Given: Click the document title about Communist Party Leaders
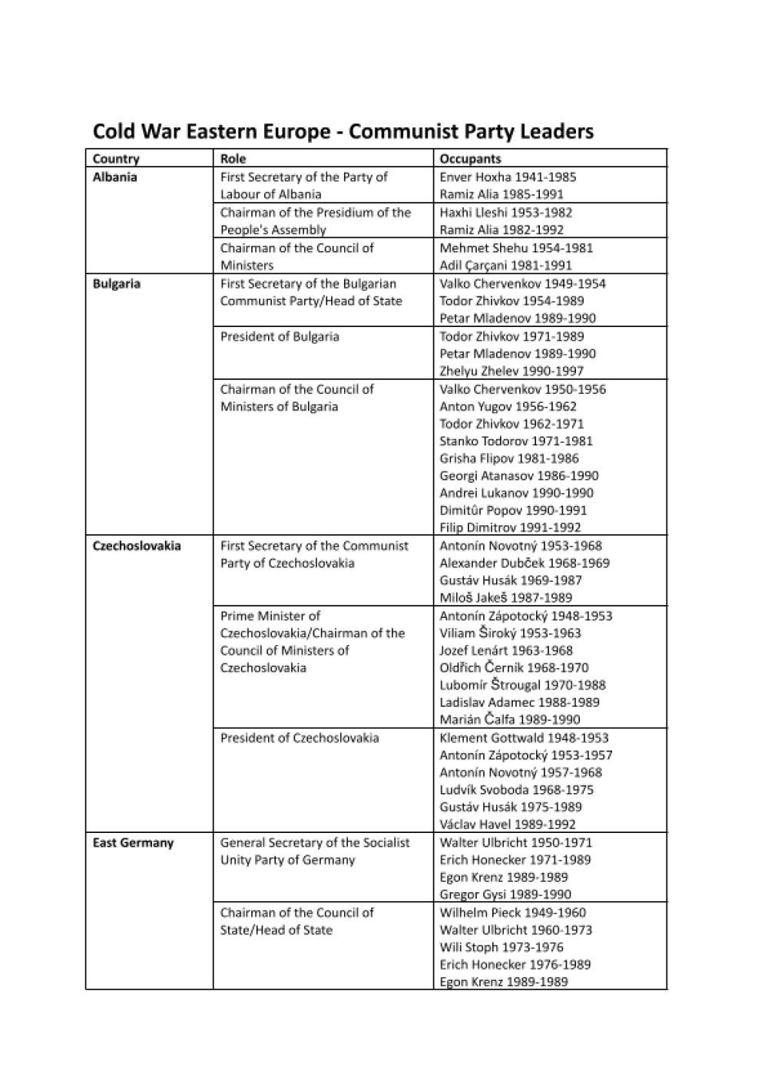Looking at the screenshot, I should point(343,131).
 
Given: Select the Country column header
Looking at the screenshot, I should point(116,159).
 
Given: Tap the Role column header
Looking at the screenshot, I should point(233,159).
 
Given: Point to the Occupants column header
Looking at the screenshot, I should point(470,159).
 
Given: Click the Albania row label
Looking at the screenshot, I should point(114,177).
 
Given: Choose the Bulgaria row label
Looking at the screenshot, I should point(116,284).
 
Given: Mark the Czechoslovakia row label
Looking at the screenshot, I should point(136,546).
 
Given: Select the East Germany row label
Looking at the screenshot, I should point(133,843).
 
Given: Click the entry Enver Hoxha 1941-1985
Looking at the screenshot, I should point(508,177).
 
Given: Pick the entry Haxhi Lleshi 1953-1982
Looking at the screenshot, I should point(505,213).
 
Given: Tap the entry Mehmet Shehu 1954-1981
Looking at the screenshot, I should point(516,248).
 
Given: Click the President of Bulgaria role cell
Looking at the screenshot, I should point(280,336).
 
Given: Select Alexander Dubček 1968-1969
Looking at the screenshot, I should point(525,563).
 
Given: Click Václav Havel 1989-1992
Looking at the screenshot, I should point(507,825).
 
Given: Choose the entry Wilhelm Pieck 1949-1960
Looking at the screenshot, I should point(512,913).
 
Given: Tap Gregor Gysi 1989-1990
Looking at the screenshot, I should point(505,894).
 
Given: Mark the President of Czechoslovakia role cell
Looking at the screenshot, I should point(300,738).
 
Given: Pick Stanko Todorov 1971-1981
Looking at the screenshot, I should point(516,441).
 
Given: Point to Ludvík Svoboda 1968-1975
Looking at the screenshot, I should point(516,790).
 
